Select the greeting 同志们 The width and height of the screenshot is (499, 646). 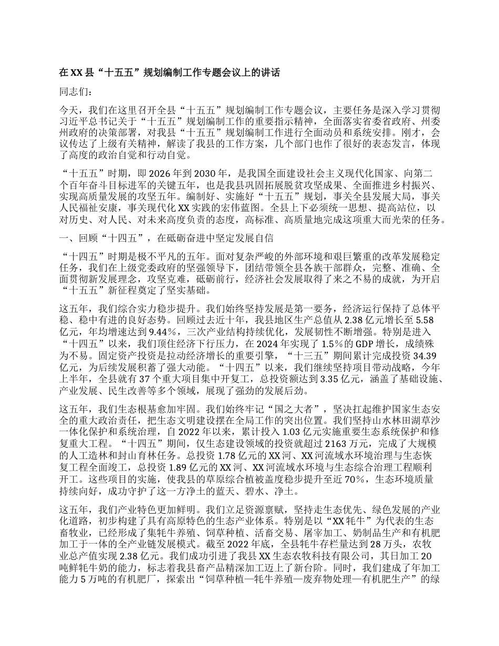point(76,92)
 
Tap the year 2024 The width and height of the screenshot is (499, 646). point(224,344)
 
